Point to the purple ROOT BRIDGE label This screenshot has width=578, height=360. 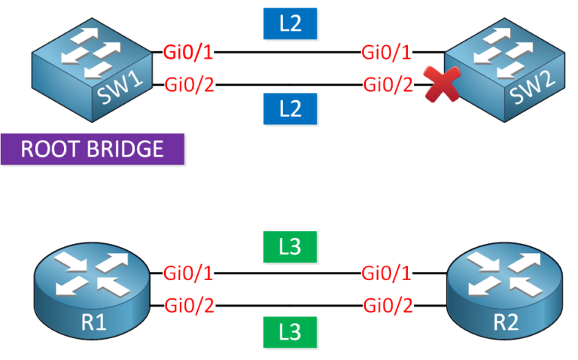93,148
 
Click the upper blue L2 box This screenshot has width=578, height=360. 290,23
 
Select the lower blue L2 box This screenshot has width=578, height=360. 290,109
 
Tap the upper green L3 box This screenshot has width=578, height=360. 290,246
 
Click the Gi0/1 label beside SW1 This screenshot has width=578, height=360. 189,53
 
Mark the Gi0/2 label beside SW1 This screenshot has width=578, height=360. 189,84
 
